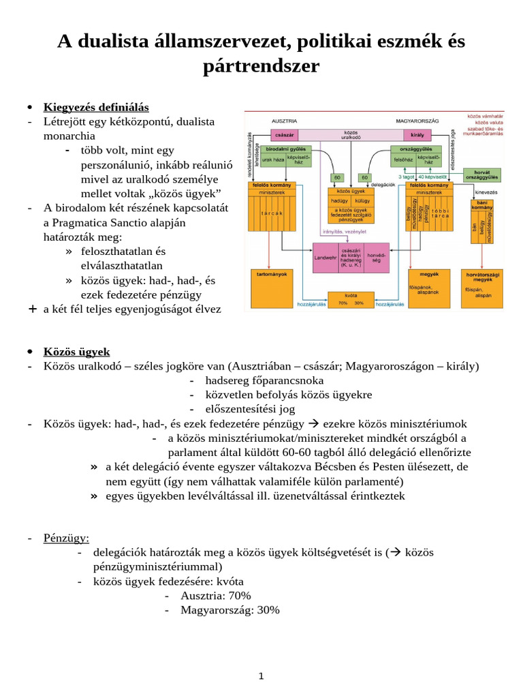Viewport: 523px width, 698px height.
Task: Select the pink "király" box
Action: (417, 134)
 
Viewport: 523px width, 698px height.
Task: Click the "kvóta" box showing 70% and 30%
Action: (349, 299)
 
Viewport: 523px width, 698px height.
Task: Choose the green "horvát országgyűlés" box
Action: (481, 175)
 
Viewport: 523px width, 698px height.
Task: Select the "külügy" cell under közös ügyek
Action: (362, 202)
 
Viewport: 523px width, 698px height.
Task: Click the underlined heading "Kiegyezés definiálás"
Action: (96, 108)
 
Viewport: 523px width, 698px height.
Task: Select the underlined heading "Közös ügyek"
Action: (76, 352)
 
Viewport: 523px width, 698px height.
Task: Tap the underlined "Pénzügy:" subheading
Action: (66, 538)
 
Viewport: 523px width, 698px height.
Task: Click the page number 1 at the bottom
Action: (261, 676)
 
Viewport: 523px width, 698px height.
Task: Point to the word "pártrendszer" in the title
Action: (261, 67)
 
